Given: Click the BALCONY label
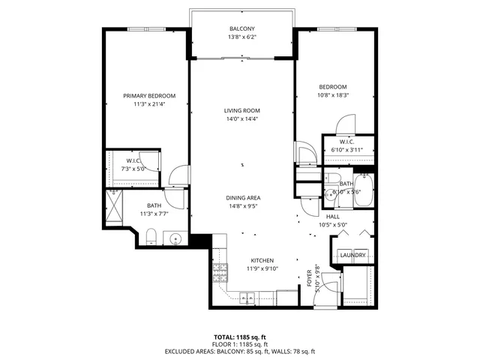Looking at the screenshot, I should (241, 29).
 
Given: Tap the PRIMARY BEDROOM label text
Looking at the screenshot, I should (149, 95).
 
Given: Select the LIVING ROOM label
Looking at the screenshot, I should (241, 110).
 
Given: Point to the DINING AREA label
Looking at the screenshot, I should (244, 198).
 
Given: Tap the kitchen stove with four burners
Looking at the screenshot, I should (220, 271).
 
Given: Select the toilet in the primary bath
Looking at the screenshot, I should (150, 237).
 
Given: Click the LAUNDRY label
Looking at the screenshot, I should (352, 256).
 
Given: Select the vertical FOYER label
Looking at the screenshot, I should (309, 276).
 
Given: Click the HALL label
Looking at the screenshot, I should (333, 216).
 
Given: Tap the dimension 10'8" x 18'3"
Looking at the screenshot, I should (334, 95).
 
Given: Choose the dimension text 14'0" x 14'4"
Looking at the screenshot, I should (241, 118).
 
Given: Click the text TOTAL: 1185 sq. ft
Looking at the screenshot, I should (240, 337).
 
